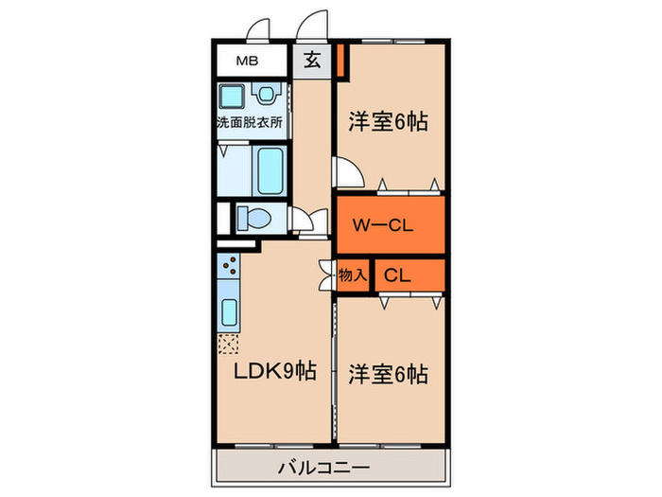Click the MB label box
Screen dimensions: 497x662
(249, 63)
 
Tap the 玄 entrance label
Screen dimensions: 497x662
(311, 63)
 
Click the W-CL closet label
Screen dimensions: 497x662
(388, 225)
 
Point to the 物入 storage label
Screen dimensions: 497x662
(352, 275)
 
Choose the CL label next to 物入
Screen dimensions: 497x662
(397, 276)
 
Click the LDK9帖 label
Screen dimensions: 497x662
(274, 372)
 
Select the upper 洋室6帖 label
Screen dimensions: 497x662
(388, 121)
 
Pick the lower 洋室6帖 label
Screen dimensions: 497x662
(388, 372)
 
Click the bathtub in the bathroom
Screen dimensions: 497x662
(272, 170)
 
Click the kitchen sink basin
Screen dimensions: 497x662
(229, 311)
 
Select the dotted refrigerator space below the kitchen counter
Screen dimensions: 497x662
(229, 343)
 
